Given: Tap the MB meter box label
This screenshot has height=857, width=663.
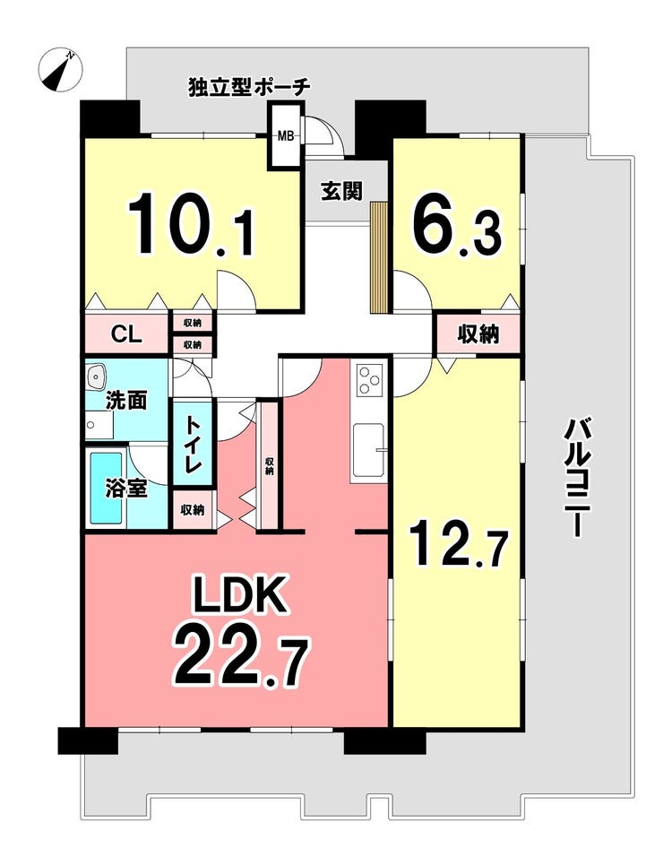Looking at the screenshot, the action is click(286, 136).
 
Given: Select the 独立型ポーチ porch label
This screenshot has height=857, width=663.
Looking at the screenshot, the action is click(249, 88).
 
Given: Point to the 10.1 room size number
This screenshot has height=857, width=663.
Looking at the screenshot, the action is click(191, 224).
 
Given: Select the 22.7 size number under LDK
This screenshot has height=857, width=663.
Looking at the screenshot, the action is click(241, 659).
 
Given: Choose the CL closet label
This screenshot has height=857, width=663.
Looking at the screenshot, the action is click(126, 334).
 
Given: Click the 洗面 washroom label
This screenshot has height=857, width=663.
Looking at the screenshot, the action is click(126, 401).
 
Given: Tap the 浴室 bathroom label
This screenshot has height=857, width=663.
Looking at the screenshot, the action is click(126, 488).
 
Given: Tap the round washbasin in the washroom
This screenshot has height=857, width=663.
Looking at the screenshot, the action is click(97, 377).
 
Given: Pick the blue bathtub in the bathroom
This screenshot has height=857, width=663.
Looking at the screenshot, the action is click(106, 488).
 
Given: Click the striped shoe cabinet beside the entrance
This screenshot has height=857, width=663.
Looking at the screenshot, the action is click(378, 257).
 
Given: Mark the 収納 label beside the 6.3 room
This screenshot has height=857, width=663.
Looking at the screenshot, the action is click(478, 334).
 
